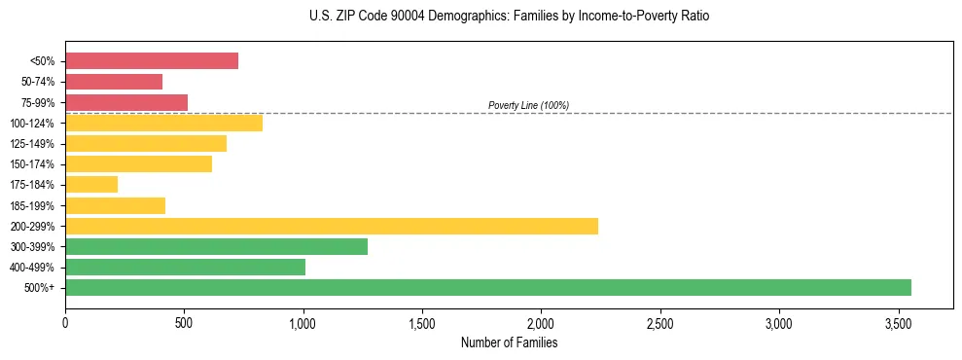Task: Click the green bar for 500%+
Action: (488, 287)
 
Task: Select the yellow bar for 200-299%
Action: (332, 226)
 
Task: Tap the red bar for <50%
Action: (152, 60)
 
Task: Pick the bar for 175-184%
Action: (91, 184)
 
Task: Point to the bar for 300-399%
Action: (216, 246)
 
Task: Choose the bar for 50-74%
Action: (114, 82)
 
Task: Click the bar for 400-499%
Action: (185, 267)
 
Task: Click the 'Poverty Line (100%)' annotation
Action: (528, 105)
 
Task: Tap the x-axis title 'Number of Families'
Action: (509, 342)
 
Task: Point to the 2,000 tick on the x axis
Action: (541, 322)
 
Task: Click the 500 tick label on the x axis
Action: (184, 322)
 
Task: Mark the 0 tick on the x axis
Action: (65, 322)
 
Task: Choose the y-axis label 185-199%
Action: (34, 205)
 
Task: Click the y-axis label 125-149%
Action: (34, 143)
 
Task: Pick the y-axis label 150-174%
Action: (34, 163)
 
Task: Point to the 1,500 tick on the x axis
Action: (422, 322)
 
